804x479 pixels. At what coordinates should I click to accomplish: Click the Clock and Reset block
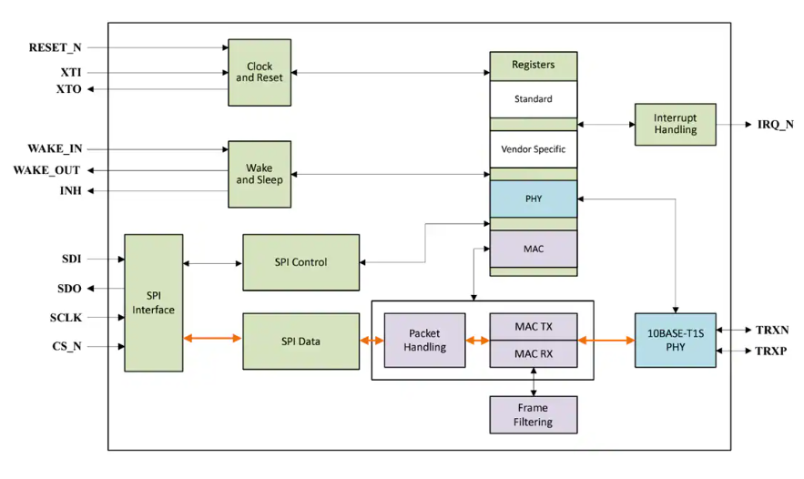pyautogui.click(x=260, y=72)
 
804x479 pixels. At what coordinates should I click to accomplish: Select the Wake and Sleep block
pyautogui.click(x=260, y=174)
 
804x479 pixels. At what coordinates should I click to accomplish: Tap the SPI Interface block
pyautogui.click(x=153, y=302)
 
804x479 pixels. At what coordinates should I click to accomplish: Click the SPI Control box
pyautogui.click(x=300, y=262)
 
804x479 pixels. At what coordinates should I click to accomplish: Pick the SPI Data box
pyautogui.click(x=300, y=341)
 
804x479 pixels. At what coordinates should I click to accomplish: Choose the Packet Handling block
pyautogui.click(x=424, y=341)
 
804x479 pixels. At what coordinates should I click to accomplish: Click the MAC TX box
pyautogui.click(x=533, y=326)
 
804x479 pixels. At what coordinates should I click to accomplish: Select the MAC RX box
pyautogui.click(x=533, y=353)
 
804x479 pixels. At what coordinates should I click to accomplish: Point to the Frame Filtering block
pyautogui.click(x=533, y=414)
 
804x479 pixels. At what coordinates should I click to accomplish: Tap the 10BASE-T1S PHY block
pyautogui.click(x=675, y=340)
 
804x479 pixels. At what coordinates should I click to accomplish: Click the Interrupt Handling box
pyautogui.click(x=675, y=124)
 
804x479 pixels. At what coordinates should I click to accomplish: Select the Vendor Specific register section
pyautogui.click(x=533, y=148)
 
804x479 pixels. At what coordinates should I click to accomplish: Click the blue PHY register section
pyautogui.click(x=533, y=199)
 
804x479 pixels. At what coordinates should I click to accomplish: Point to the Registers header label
pyautogui.click(x=533, y=66)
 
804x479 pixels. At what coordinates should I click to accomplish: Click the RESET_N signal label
pyautogui.click(x=55, y=47)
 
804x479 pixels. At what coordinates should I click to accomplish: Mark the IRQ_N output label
pyautogui.click(x=768, y=125)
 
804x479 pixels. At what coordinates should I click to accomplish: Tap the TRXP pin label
pyautogui.click(x=771, y=351)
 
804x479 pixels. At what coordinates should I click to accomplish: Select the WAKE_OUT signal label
pyautogui.click(x=46, y=170)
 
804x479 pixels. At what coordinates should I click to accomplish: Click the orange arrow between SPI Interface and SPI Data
pyautogui.click(x=212, y=339)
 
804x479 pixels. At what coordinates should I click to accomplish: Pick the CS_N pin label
pyautogui.click(x=66, y=346)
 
